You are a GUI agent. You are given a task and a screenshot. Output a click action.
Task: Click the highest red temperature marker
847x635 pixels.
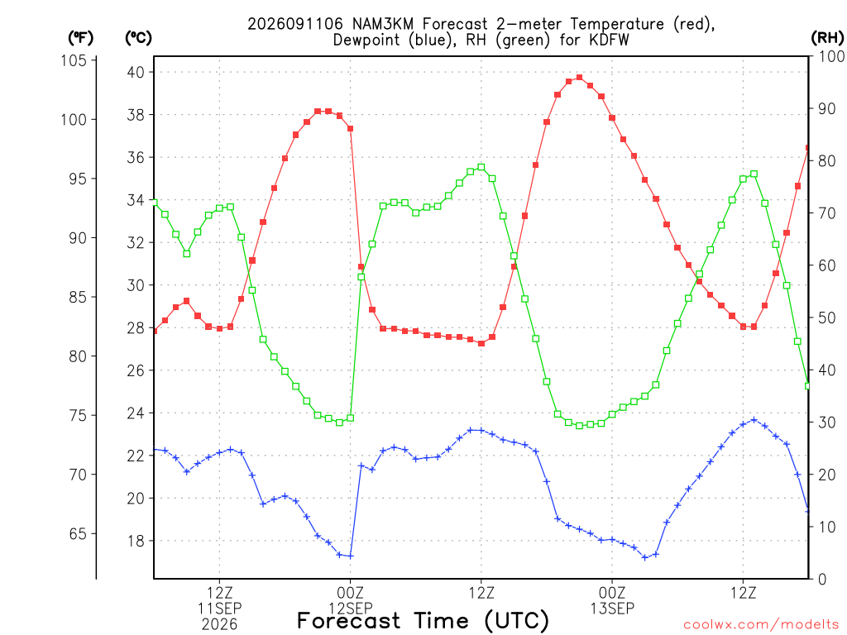pyautogui.click(x=580, y=77)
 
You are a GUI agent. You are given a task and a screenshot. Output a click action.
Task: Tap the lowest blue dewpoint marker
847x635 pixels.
pyautogui.click(x=644, y=557)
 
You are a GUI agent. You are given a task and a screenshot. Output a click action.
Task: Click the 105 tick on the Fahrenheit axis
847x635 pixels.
pyautogui.click(x=74, y=60)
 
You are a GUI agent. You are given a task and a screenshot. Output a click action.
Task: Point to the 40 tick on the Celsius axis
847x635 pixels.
pyautogui.click(x=136, y=72)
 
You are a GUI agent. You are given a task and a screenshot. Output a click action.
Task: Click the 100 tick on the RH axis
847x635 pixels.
pyautogui.click(x=831, y=56)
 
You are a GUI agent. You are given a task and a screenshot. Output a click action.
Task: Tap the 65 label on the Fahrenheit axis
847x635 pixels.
pyautogui.click(x=78, y=533)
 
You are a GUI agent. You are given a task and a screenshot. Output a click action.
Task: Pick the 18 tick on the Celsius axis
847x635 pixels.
pyautogui.click(x=136, y=541)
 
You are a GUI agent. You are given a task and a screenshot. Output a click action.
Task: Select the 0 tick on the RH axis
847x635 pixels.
pyautogui.click(x=822, y=580)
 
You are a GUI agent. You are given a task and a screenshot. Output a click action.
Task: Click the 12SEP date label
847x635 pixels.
pyautogui.click(x=351, y=609)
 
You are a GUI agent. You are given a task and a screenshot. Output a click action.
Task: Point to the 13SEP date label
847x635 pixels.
pyautogui.click(x=612, y=609)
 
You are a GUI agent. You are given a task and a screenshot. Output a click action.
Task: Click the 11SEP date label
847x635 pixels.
pyautogui.click(x=219, y=609)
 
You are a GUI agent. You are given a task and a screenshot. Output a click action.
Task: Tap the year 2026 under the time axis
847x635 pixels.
pyautogui.click(x=219, y=625)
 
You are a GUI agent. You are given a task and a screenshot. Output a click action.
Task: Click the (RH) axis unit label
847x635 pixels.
pyautogui.click(x=827, y=38)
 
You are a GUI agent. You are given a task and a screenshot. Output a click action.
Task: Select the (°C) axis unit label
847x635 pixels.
pyautogui.click(x=138, y=38)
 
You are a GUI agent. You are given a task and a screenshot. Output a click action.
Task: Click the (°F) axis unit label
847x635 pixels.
pyautogui.click(x=80, y=38)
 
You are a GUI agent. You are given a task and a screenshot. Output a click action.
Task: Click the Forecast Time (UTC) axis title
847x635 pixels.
pyautogui.click(x=423, y=621)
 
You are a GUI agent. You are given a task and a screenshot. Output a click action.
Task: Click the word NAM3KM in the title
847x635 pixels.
pyautogui.click(x=382, y=24)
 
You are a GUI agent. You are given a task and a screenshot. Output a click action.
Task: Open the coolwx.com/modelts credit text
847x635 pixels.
pyautogui.click(x=761, y=625)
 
